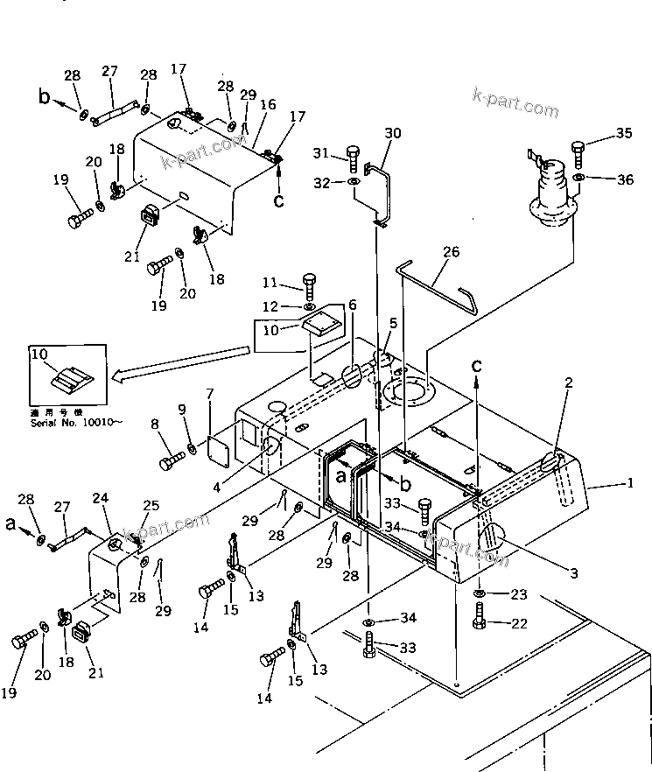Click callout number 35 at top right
pos(622,134)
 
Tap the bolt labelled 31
pos(353,158)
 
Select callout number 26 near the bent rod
pos(450,253)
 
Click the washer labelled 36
pos(578,179)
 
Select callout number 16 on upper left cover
pos(268,104)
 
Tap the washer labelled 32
pos(353,183)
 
